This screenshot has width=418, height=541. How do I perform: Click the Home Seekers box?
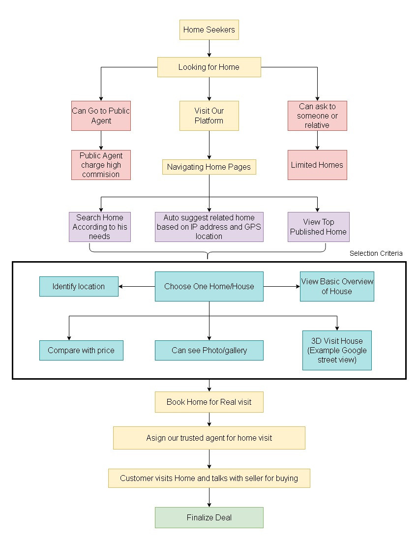pos(209,30)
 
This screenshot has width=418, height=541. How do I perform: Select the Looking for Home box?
pos(209,67)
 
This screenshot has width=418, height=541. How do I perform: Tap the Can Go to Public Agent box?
pos(101,116)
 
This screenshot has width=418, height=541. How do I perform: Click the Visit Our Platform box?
pos(209,116)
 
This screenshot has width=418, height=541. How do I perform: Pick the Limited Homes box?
pos(317,165)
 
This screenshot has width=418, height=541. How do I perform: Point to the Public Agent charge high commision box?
pos(101,165)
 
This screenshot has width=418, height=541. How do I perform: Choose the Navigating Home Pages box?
pos(209,167)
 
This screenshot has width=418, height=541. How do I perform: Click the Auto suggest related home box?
pos(209,227)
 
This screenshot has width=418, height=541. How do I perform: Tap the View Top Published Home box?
pos(319,227)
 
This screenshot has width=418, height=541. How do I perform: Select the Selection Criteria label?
pos(376,253)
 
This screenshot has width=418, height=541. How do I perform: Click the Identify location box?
pos(79,286)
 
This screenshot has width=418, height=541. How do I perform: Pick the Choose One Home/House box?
pos(209,286)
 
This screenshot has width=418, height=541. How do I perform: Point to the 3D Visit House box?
pos(337,350)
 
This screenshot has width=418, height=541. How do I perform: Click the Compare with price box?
pos(82,350)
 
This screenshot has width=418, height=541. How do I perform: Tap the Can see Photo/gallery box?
pos(209,350)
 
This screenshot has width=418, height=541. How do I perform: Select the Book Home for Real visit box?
pos(209,402)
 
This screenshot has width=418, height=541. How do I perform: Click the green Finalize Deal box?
pos(209,517)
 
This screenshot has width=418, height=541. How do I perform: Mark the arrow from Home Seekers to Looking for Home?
pos(209,48)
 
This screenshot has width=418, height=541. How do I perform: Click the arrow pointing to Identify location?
pos(137,286)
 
